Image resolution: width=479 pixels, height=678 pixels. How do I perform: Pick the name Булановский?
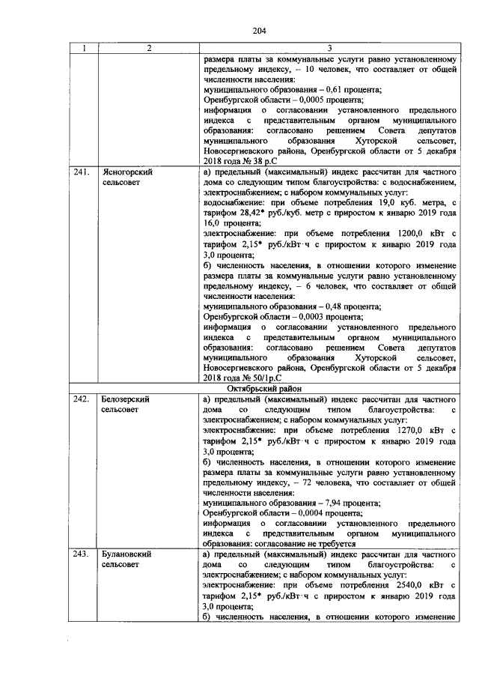point(127,554)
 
